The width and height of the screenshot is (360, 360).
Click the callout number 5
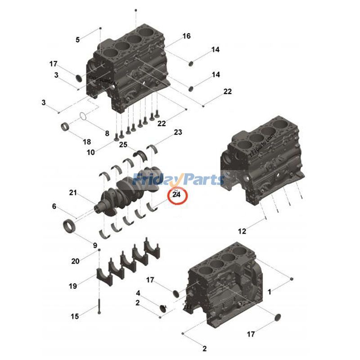pyautogui.click(x=77, y=40)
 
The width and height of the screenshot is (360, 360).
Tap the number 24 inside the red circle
pyautogui.click(x=176, y=195)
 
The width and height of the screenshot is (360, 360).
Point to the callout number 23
pyautogui.click(x=178, y=132)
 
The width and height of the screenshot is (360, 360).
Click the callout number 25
pyautogui.click(x=123, y=144)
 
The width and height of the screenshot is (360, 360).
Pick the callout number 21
pyautogui.click(x=73, y=193)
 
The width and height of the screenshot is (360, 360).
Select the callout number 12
pyautogui.click(x=242, y=231)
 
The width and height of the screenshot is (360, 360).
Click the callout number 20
pyautogui.click(x=75, y=261)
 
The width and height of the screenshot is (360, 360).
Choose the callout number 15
pyautogui.click(x=75, y=316)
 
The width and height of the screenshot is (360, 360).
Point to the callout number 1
pyautogui.click(x=270, y=292)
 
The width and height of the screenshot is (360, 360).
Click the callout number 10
pyautogui.click(x=91, y=153)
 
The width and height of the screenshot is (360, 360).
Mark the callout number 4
pyautogui.click(x=138, y=293)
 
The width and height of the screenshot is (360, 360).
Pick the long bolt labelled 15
pyautogui.click(x=98, y=306)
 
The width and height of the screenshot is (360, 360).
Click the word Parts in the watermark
pyautogui.click(x=201, y=180)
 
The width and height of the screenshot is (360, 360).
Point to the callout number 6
pyautogui.click(x=54, y=207)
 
